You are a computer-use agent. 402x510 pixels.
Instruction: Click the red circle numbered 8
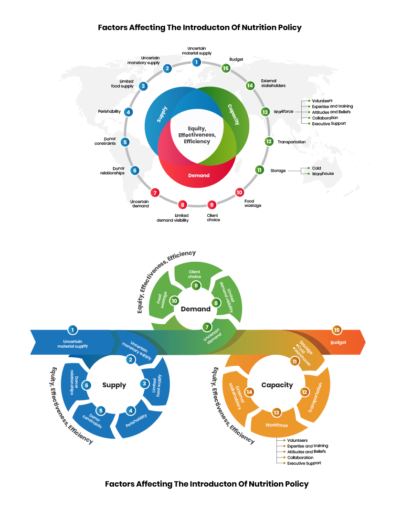182,204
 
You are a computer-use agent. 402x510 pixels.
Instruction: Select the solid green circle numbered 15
226,68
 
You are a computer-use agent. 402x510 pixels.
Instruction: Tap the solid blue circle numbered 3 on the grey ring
143,86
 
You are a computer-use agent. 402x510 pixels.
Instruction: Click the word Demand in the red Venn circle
199,175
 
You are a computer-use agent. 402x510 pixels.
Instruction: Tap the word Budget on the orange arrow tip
339,342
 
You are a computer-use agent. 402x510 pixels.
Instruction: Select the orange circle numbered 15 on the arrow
337,330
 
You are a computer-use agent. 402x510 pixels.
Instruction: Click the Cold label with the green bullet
317,168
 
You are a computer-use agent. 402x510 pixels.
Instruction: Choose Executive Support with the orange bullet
304,463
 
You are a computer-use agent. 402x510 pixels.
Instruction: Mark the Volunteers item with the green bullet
323,101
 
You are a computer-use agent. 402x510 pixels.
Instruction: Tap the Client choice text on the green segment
194,274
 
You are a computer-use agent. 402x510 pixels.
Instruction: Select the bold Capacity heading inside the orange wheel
277,385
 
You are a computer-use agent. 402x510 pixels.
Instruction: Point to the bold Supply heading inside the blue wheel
114,385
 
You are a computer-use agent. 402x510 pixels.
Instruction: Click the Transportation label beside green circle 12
291,142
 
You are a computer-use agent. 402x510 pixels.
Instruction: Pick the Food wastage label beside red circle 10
253,204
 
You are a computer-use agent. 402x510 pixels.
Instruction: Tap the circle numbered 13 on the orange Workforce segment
276,412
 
